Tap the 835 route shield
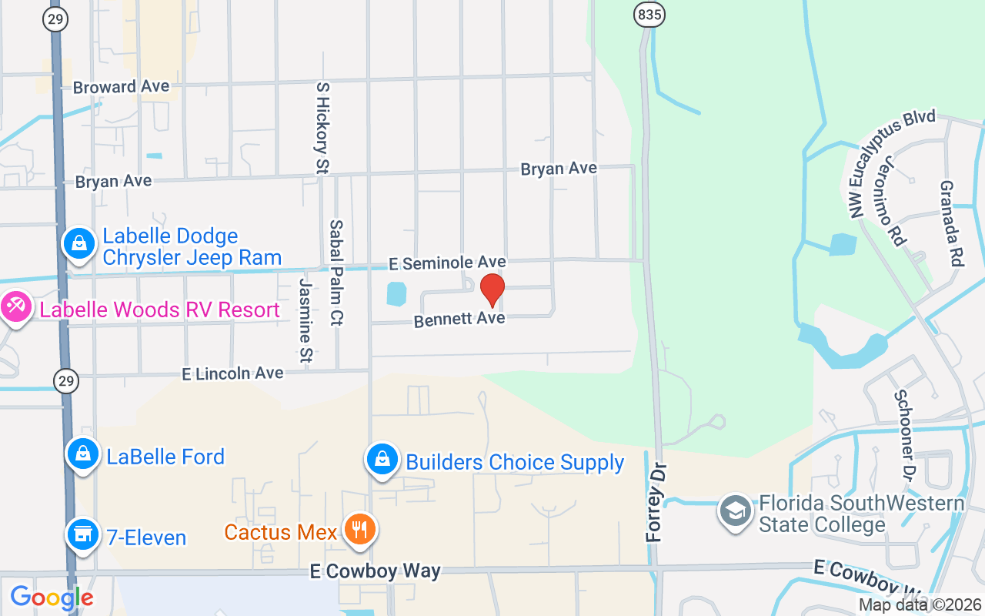pos(650,14)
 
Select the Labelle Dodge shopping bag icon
pos(78,243)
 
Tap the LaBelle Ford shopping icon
pos(82,454)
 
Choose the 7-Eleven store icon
pos(82,534)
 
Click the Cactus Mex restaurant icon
pos(359,530)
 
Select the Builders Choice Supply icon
pos(382,459)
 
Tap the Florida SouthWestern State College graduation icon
pos(736,511)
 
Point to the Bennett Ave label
pos(459,319)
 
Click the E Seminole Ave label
pos(447,263)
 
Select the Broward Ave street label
pos(121,87)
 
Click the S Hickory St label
pos(322,127)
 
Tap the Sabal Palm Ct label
pos(336,272)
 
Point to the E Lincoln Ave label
pos(232,373)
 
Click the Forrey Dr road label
pos(656,503)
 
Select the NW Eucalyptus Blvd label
pos(893,162)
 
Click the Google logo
pos(52,597)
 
